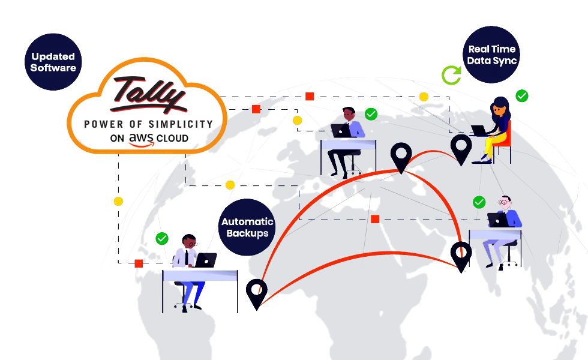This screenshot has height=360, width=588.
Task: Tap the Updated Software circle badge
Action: pos(53,61)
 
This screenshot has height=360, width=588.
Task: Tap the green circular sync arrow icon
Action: pos(451,76)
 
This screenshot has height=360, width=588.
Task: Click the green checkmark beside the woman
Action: pos(522,95)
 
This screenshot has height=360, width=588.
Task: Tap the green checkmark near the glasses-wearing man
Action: pos(479,202)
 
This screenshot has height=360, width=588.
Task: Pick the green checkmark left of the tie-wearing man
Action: pos(161,238)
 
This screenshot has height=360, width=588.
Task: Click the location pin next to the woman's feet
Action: pos(461,149)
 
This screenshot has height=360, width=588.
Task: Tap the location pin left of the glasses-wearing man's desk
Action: pos(460,256)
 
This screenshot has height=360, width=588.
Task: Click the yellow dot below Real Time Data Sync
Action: pos(424,97)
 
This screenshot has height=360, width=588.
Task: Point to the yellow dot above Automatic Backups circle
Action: pos(230,185)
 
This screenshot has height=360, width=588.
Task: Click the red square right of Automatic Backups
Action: pos(375,219)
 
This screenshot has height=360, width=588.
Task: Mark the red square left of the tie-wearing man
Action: pos(139,263)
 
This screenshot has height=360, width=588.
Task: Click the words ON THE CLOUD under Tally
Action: pos(150,139)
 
